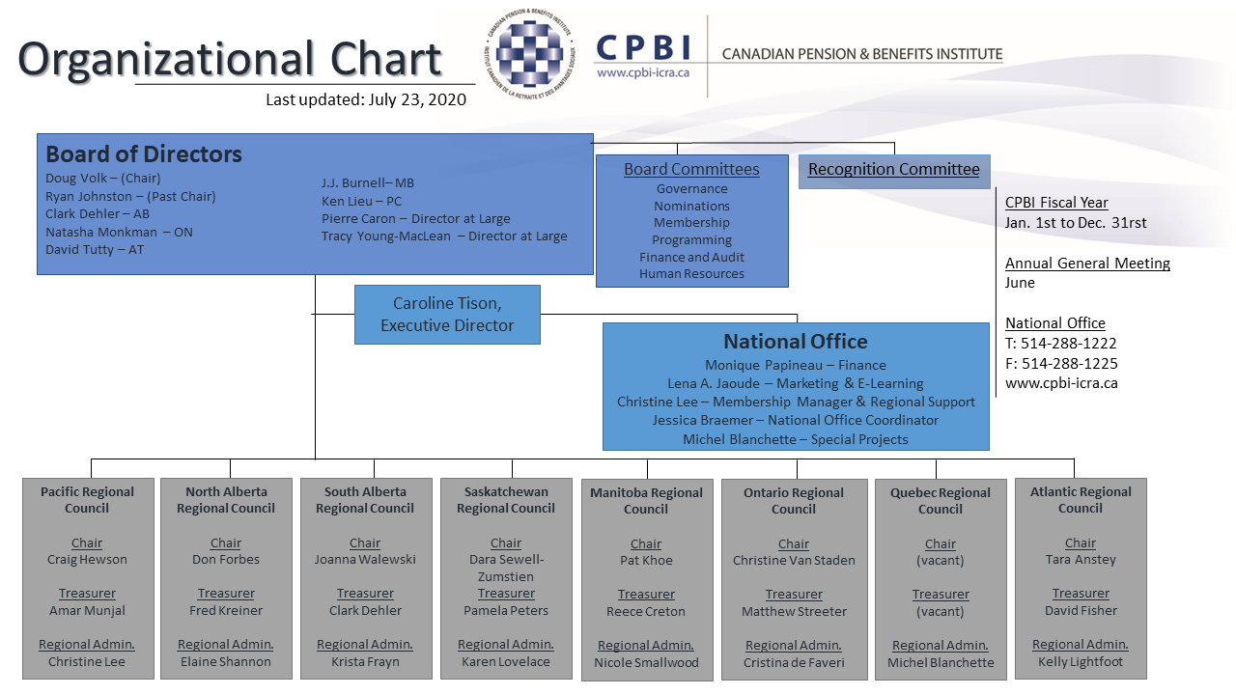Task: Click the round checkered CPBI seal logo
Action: tap(529, 54)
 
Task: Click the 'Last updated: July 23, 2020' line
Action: tap(366, 99)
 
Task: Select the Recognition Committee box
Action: tap(894, 172)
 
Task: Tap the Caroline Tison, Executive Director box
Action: tap(447, 315)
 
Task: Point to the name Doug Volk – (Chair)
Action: tap(103, 179)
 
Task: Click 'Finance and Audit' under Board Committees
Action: tap(691, 257)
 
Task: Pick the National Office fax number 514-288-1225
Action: tap(1061, 364)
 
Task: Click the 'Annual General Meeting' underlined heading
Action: tap(1087, 264)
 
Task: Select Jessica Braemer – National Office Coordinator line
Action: tap(795, 420)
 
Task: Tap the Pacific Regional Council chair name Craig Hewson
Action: tap(87, 559)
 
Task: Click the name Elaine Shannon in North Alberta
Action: tap(226, 661)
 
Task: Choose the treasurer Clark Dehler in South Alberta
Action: tap(365, 611)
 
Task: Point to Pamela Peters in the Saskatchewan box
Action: tap(506, 611)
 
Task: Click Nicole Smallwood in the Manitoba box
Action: tap(646, 662)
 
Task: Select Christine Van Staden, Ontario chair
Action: tap(794, 561)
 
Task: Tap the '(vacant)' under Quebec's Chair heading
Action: tap(941, 561)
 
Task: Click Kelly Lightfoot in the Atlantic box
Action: tap(1081, 661)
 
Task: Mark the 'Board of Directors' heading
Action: tap(144, 153)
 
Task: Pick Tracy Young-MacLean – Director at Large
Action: tap(444, 236)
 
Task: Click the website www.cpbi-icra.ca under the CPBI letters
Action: tap(643, 72)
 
